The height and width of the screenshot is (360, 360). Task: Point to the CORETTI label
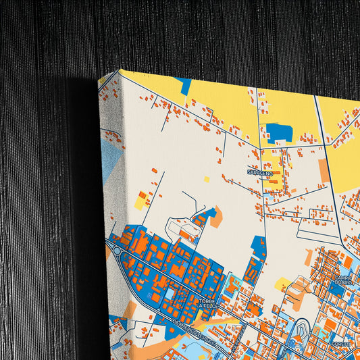coord(341,344)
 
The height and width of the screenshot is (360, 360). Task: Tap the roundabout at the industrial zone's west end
coord(117,251)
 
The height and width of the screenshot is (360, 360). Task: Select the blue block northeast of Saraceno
coord(279,132)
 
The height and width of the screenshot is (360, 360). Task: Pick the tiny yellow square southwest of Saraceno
coord(207,179)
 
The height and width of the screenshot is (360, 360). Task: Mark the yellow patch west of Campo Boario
coord(282,284)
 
